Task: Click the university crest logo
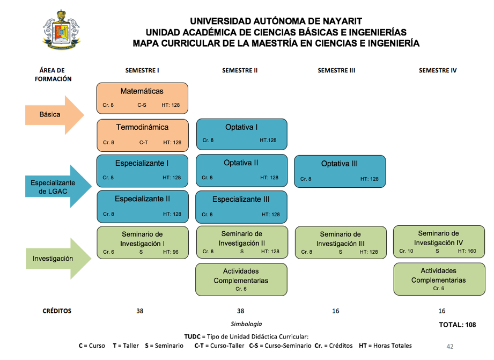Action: tap(62, 30)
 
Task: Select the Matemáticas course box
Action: tap(142, 98)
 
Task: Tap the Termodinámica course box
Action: tap(143, 135)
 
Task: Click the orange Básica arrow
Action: tap(55, 115)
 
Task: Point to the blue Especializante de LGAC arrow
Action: tap(58, 186)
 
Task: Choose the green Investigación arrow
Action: tap(58, 259)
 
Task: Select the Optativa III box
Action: tap(340, 172)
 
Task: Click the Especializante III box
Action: tap(241, 207)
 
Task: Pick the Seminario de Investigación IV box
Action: tap(439, 242)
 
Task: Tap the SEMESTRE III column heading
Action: tap(336, 71)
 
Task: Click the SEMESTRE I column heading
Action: tap(142, 71)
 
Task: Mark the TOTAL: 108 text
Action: tap(458, 325)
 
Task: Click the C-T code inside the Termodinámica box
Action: tap(143, 143)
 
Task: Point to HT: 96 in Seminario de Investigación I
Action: tap(171, 252)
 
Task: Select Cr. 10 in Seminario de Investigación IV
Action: tap(406, 251)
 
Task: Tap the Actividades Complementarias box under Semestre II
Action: tap(241, 280)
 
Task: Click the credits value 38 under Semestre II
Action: tap(241, 311)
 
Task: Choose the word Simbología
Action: tap(246, 324)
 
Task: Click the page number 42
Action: tap(450, 347)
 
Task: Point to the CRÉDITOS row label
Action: tap(57, 311)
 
